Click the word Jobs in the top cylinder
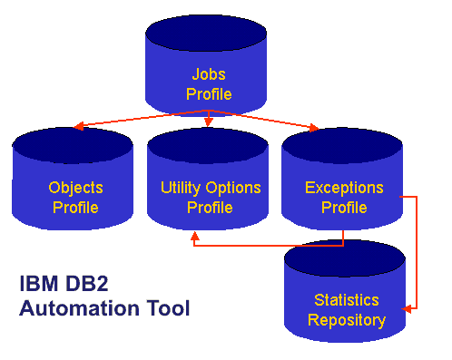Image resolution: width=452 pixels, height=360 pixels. pos(209,74)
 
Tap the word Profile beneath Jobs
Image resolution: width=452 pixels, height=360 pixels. pos(209,93)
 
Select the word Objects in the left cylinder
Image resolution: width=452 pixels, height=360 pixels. pos(75,189)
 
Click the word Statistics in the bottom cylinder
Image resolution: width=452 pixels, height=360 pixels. pos(347,300)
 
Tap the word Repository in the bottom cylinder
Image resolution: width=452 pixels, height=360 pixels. pos(347,320)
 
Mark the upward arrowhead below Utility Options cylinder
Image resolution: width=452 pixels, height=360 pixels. pos(193,235)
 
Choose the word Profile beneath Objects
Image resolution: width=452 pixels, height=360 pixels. pos(75,208)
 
